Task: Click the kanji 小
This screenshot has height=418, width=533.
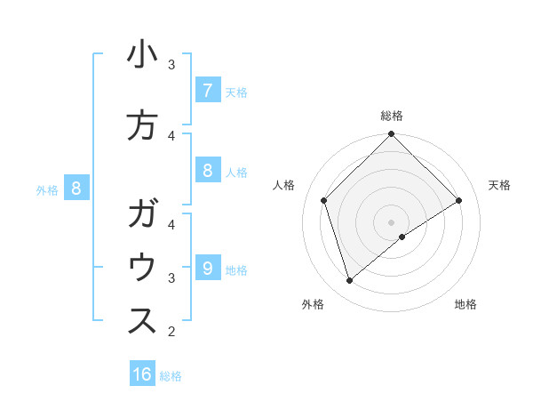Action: tap(142, 57)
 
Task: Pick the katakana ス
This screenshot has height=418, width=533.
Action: tap(142, 322)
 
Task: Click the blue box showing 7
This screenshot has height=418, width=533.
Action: tap(207, 91)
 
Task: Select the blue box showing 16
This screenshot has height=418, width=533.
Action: tap(142, 374)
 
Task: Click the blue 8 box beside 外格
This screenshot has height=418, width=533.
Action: tap(76, 189)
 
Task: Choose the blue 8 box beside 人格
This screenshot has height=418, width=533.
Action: tap(207, 171)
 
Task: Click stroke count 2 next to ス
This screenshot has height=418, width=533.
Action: tap(171, 332)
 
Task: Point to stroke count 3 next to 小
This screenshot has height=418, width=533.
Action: tap(171, 64)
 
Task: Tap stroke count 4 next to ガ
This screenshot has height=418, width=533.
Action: tap(171, 224)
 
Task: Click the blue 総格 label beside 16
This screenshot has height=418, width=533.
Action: tap(171, 376)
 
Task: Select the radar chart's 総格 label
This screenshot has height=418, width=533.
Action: tap(391, 116)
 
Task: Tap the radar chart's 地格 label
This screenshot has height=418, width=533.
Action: tap(465, 304)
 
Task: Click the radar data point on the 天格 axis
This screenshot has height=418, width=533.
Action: tap(459, 201)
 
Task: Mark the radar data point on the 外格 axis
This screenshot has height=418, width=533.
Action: tap(350, 281)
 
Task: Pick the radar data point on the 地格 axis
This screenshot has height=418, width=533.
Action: tap(402, 237)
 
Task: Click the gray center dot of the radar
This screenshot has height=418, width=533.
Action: tap(391, 221)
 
